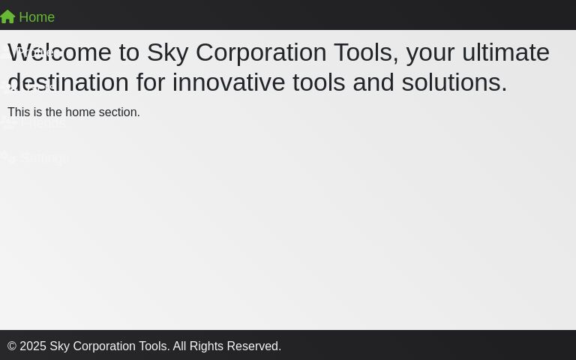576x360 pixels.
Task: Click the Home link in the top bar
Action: [36, 17]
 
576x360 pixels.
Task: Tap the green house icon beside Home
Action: [7, 16]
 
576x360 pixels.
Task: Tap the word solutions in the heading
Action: [454, 82]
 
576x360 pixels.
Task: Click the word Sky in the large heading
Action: [167, 52]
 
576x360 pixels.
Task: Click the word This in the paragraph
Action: [19, 112]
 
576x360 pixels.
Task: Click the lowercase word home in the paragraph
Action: [80, 112]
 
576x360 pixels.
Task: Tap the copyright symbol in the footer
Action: [12, 346]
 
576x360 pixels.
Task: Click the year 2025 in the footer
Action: [33, 346]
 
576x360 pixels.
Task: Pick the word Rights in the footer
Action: [206, 346]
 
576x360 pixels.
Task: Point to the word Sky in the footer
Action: [59, 346]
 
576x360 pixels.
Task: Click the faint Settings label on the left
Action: [43, 158]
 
